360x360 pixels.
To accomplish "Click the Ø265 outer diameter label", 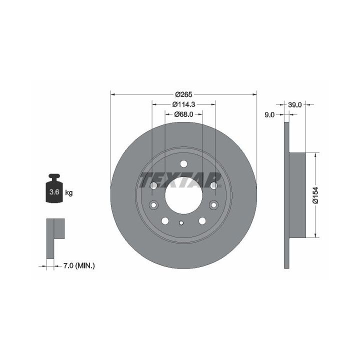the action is point(183,94).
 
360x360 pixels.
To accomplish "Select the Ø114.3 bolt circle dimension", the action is point(183,104).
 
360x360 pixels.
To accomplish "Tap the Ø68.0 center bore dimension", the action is point(183,114).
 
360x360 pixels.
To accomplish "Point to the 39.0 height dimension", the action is point(294,104).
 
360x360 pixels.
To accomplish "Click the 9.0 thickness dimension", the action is point(269,114).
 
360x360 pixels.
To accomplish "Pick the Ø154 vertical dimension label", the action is point(316,195).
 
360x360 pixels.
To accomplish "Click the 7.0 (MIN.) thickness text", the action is point(79,266).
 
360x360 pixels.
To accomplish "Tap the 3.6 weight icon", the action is point(54,188).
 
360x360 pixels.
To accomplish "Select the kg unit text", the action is point(69,192).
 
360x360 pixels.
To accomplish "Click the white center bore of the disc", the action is point(183,195).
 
